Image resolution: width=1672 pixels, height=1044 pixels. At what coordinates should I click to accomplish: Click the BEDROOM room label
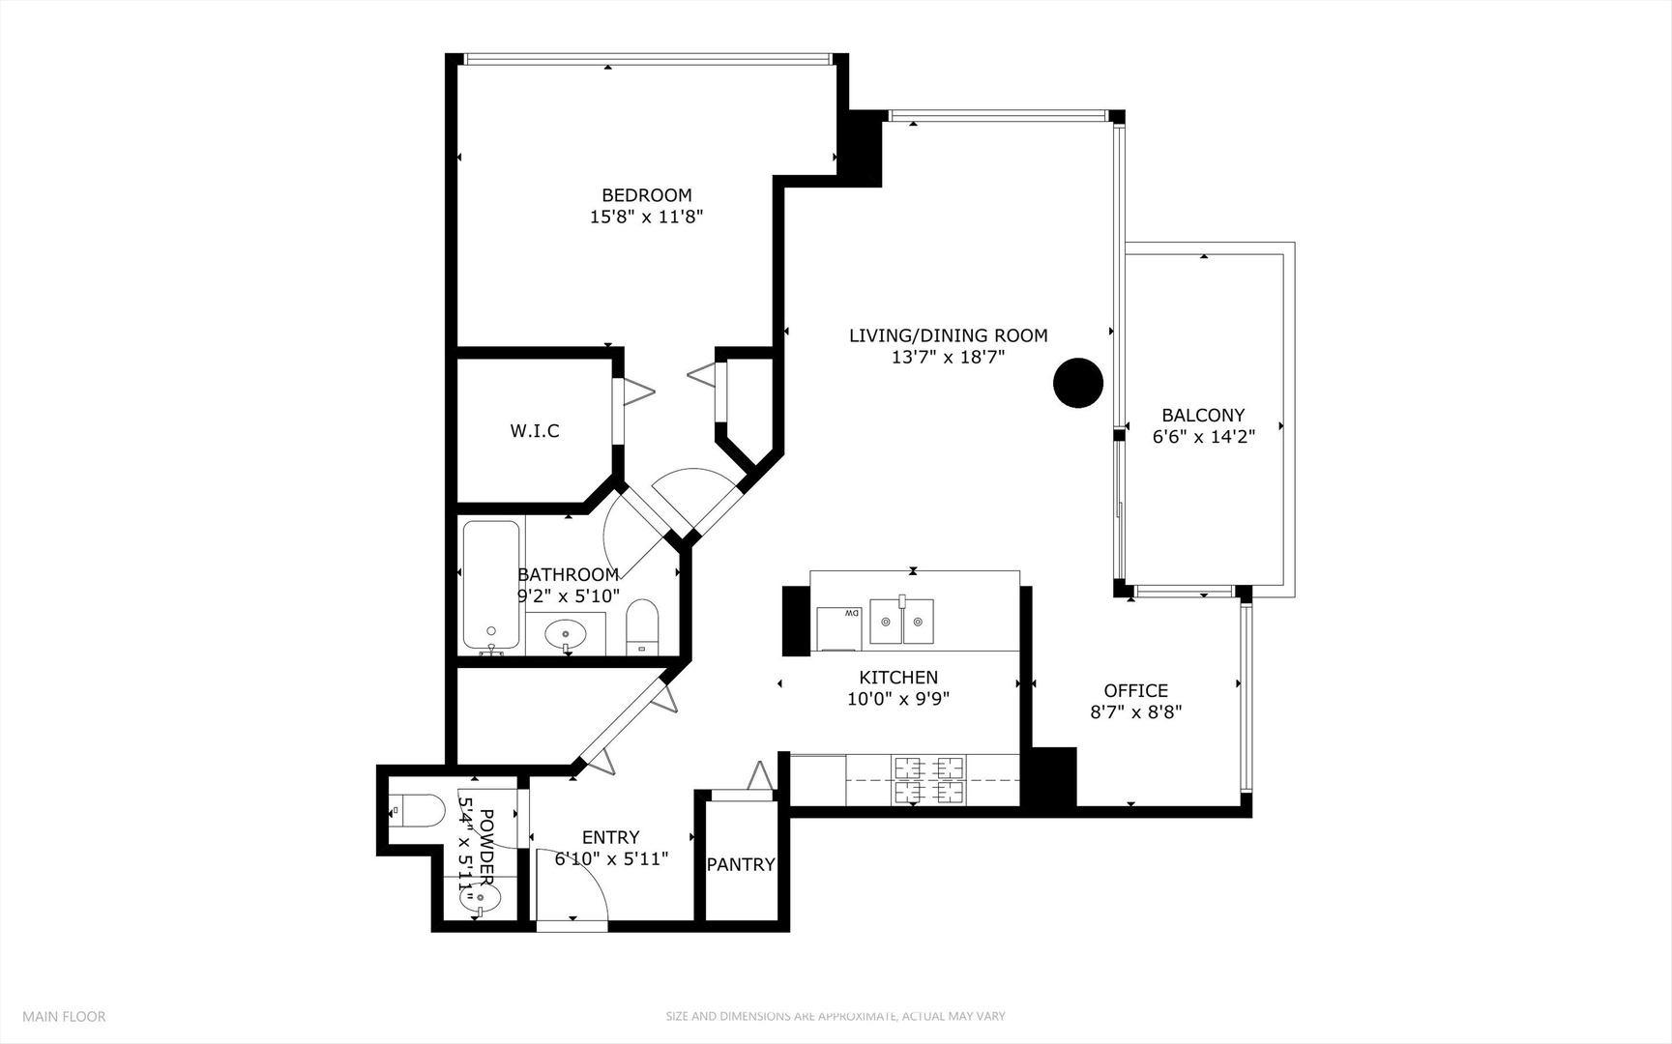point(647,195)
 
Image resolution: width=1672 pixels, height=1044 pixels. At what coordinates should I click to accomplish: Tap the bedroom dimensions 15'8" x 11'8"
point(646,217)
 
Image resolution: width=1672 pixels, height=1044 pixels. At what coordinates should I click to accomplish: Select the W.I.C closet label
point(535,431)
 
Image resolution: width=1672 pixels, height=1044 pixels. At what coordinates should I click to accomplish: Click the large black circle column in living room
point(1077,383)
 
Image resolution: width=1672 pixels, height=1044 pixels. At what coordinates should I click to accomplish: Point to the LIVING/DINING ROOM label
point(949,335)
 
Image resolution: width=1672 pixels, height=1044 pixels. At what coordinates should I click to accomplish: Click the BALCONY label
point(1203,415)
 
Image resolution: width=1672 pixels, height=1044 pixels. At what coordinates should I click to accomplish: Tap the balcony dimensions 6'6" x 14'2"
point(1203,437)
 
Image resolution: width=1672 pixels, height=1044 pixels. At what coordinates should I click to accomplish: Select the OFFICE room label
point(1136,690)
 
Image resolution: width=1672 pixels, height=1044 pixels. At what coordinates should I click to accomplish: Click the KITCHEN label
point(898,678)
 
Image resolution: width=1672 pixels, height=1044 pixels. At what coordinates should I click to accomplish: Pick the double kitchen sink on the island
point(902,621)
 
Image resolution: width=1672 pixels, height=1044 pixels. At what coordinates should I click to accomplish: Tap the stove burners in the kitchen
point(929,780)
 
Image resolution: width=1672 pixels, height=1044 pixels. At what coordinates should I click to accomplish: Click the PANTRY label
point(741,864)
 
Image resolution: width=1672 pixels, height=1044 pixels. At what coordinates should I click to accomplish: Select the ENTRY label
point(610,837)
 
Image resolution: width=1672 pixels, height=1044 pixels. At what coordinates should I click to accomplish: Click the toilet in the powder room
point(415,810)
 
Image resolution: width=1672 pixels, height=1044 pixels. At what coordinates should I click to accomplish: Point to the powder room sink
point(481,899)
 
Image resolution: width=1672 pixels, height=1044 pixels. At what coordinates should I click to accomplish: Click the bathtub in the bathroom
point(492,586)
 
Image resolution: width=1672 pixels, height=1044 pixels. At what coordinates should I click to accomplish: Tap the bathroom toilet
point(642,626)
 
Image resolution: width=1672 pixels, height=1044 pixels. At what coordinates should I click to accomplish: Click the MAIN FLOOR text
point(64,1016)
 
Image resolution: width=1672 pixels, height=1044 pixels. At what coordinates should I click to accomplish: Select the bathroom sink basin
point(566,634)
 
